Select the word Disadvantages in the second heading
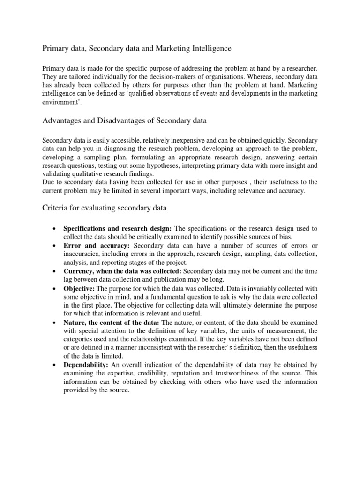[x=111, y=121]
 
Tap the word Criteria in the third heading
[x=56, y=208]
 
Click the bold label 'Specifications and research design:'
[x=118, y=229]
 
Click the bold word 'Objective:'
[x=79, y=288]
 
